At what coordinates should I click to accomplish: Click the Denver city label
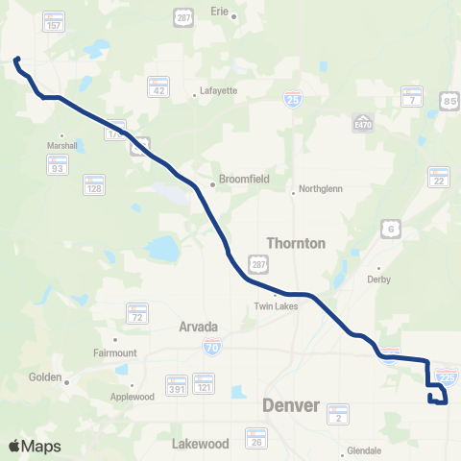290,405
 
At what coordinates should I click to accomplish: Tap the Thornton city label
296,243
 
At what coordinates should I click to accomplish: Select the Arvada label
199,327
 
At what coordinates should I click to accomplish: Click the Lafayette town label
217,91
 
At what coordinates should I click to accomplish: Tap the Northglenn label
318,191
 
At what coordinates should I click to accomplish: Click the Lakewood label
201,444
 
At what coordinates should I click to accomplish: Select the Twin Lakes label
276,306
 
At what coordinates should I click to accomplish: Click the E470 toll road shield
362,125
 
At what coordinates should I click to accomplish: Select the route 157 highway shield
55,22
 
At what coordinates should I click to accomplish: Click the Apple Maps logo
35,446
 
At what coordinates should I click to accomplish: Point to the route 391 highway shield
176,384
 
